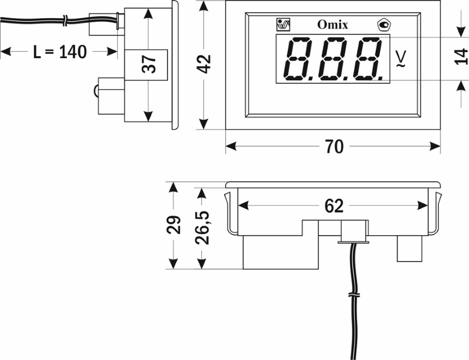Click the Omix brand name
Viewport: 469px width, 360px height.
pyautogui.click(x=332, y=25)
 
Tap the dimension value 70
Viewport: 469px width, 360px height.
pyautogui.click(x=334, y=147)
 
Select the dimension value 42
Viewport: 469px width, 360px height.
pyautogui.click(x=204, y=64)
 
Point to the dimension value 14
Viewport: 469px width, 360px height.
pyautogui.click(x=461, y=56)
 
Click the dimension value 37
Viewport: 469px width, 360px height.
pyautogui.click(x=149, y=64)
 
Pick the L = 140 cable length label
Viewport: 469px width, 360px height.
pyautogui.click(x=60, y=52)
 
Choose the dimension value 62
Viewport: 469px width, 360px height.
pyautogui.click(x=334, y=206)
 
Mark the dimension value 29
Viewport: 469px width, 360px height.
pyautogui.click(x=174, y=225)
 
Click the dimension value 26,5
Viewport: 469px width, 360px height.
pyautogui.click(x=202, y=227)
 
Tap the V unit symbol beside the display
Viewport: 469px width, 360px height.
pyautogui.click(x=402, y=59)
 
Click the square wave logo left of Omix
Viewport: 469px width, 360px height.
pyautogui.click(x=283, y=25)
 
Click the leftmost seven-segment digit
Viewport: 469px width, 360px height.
pyautogui.click(x=297, y=59)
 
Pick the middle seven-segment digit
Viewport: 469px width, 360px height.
pyautogui.click(x=333, y=59)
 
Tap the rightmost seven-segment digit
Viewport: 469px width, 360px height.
pyautogui.click(x=368, y=59)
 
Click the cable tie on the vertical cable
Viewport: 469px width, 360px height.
pyautogui.click(x=354, y=296)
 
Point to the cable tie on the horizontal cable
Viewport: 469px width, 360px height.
pyautogui.click(x=66, y=21)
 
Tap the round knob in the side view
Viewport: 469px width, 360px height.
pyautogui.click(x=96, y=90)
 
